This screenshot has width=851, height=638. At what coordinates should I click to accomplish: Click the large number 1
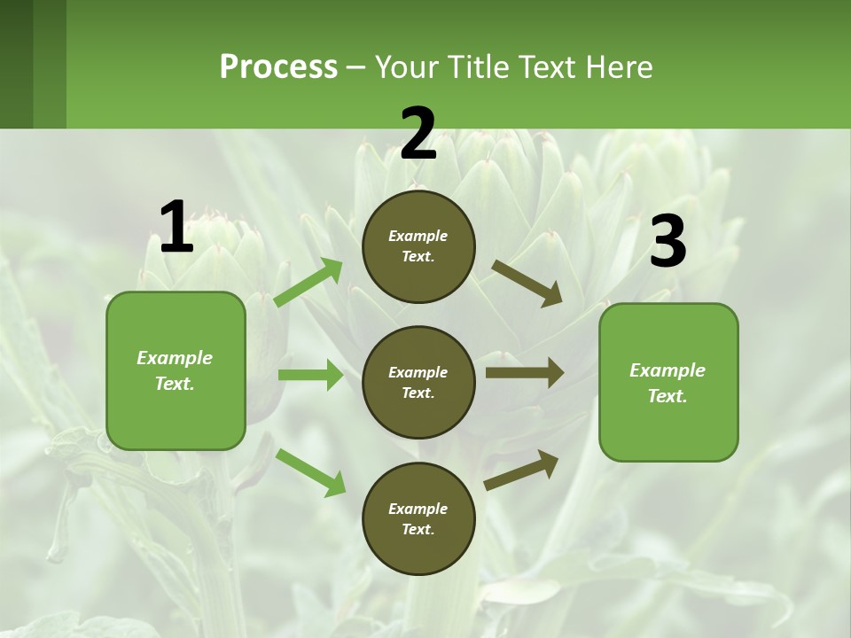pyautogui.click(x=176, y=227)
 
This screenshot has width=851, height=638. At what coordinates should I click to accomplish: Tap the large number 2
pyautogui.click(x=418, y=134)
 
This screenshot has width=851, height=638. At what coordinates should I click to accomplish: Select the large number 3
pyautogui.click(x=668, y=242)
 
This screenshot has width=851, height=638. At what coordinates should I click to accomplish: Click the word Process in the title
pyautogui.click(x=278, y=66)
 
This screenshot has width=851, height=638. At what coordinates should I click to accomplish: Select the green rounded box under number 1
pyautogui.click(x=176, y=370)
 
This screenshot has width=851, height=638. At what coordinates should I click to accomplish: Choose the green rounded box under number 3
pyautogui.click(x=668, y=383)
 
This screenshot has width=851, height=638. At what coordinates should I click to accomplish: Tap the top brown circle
pyautogui.click(x=418, y=246)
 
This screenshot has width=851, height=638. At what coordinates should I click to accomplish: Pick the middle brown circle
pyautogui.click(x=418, y=382)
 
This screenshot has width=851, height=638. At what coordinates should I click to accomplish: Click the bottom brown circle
pyautogui.click(x=418, y=518)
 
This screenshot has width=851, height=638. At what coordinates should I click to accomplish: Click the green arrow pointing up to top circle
pyautogui.click(x=308, y=283)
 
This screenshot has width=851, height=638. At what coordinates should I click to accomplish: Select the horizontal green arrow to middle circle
pyautogui.click(x=310, y=375)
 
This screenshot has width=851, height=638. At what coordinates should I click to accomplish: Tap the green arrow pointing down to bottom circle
pyautogui.click(x=310, y=471)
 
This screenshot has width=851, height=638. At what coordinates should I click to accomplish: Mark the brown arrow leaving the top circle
pyautogui.click(x=527, y=283)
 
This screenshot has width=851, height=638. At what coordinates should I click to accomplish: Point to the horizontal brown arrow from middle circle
pyautogui.click(x=524, y=373)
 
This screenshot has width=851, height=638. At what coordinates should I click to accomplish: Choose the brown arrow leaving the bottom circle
pyautogui.click(x=522, y=470)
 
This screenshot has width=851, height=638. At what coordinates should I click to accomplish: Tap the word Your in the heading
pyautogui.click(x=407, y=66)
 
